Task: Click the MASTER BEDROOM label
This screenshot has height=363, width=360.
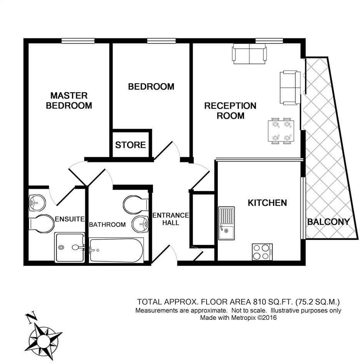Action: pyautogui.click(x=69, y=100)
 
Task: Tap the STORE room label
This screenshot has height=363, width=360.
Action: pyautogui.click(x=130, y=145)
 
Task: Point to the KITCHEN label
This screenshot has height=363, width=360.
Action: pyautogui.click(x=267, y=203)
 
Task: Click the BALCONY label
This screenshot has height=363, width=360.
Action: pyautogui.click(x=328, y=222)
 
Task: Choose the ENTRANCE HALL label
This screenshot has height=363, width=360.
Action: pyautogui.click(x=171, y=219)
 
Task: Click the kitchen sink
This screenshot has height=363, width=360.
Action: pyautogui.click(x=226, y=223)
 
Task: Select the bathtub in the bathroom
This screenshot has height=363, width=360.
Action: pyautogui.click(x=116, y=250)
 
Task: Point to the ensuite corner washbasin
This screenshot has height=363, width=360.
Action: pyautogui.click(x=36, y=201)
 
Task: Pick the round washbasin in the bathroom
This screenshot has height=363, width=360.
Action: pyautogui.click(x=141, y=223)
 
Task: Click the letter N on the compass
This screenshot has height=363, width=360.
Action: pyautogui.click(x=32, y=318)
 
